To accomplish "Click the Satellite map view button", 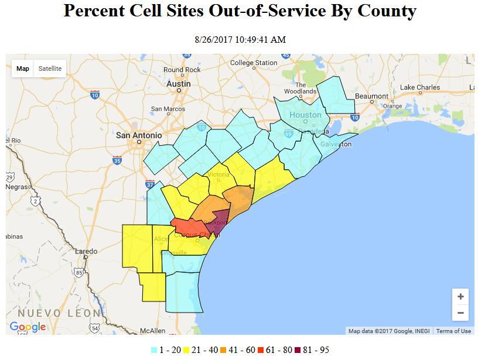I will click(50, 68).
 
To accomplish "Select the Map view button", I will click(23, 68).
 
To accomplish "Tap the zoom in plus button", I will click(460, 297).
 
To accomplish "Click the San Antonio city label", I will click(139, 135).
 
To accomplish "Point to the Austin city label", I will click(179, 84).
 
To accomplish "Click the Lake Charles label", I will click(420, 88).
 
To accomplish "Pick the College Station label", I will click(254, 63).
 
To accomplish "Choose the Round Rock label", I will click(182, 70).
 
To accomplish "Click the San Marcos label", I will click(168, 109).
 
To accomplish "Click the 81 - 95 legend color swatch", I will click(297, 350).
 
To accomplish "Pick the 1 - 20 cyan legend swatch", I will click(154, 350).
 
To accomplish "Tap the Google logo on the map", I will click(28, 327).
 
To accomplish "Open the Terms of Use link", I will click(453, 331).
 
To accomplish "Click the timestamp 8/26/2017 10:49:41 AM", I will click(240, 39).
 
